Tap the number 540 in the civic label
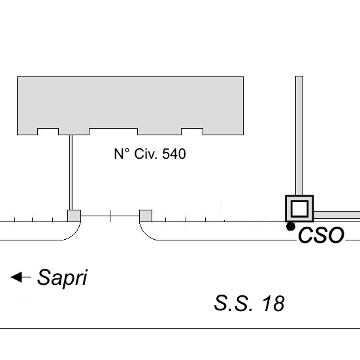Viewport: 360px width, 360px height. (x=174, y=154)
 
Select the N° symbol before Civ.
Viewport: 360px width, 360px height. (x=122, y=154)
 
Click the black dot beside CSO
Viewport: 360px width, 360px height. (x=291, y=227)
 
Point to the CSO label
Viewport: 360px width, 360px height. (x=321, y=235)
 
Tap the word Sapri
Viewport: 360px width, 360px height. (x=62, y=278)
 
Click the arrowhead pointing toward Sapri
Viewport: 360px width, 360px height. (x=16, y=277)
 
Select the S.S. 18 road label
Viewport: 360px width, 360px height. (x=250, y=303)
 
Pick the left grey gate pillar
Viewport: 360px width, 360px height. (x=74, y=216)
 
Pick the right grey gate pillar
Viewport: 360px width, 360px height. (x=146, y=216)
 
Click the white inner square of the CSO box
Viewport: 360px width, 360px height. (x=299, y=208)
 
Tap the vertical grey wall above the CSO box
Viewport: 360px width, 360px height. (x=299, y=136)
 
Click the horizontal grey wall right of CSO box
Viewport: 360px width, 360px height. (x=336, y=215)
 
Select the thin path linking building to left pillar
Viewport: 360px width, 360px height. (x=71, y=172)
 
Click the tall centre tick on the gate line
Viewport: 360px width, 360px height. (x=110, y=216)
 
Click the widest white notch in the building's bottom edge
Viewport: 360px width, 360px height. (x=114, y=131)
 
